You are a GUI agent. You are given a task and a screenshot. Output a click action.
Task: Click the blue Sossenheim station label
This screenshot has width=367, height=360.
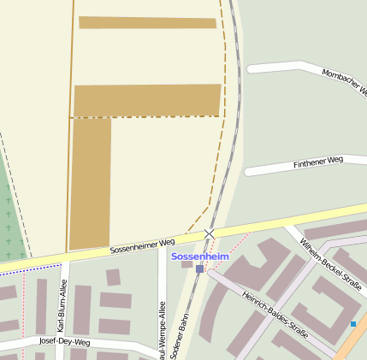(200, 257)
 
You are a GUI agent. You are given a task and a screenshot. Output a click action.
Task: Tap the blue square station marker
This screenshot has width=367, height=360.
(199, 269)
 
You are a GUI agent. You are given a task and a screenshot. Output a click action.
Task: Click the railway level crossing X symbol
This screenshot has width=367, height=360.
(210, 233)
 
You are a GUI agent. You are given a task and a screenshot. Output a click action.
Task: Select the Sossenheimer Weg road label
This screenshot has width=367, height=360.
(142, 246)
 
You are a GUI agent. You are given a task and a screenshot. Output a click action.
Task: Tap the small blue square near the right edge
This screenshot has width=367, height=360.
(353, 324)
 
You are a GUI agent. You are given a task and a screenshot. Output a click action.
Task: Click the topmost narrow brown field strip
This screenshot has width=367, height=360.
(147, 22)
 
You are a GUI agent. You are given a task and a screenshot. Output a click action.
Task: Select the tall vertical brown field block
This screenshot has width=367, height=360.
(91, 183)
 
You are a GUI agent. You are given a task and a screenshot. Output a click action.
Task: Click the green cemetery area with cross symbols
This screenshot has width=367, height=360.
(11, 214)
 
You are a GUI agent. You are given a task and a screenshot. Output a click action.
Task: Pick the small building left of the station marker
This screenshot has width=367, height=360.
(186, 264)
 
